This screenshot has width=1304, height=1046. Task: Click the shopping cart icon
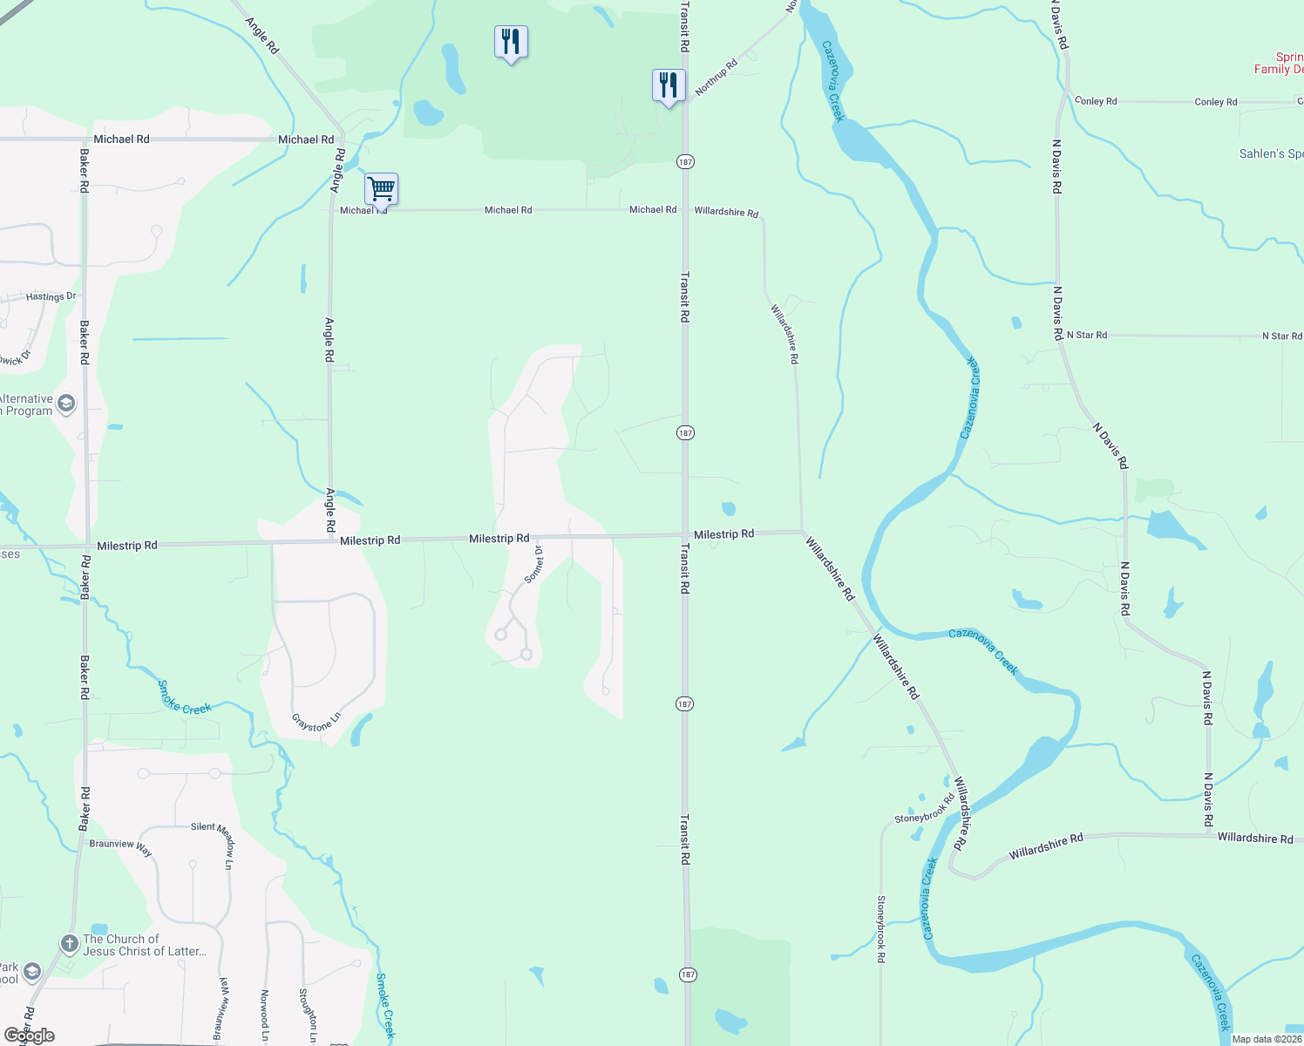tap(381, 187)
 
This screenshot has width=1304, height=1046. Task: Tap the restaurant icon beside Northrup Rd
tap(669, 85)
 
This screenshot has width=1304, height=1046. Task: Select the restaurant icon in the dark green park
tap(511, 41)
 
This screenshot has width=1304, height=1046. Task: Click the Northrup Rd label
tap(717, 77)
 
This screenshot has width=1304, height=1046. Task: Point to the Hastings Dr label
tap(51, 296)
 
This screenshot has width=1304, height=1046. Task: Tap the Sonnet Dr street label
tap(534, 565)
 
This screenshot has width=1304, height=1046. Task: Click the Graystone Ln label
tap(316, 722)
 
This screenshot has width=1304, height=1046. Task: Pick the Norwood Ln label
tap(265, 1015)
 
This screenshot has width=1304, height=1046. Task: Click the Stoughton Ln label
tap(307, 1015)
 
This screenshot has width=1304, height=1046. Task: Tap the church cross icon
tap(69, 944)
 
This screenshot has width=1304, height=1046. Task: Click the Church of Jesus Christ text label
tap(145, 945)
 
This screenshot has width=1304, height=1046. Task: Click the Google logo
tap(30, 1036)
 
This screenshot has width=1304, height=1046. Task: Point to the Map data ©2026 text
tap(1267, 1039)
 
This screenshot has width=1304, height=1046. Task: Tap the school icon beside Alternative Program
tap(66, 404)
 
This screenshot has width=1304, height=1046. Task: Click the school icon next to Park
tap(32, 972)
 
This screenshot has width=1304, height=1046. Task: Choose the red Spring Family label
tap(1279, 63)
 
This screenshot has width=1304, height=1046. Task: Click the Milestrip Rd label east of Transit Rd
tap(723, 534)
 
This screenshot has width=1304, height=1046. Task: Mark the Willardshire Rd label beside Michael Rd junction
tap(726, 212)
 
